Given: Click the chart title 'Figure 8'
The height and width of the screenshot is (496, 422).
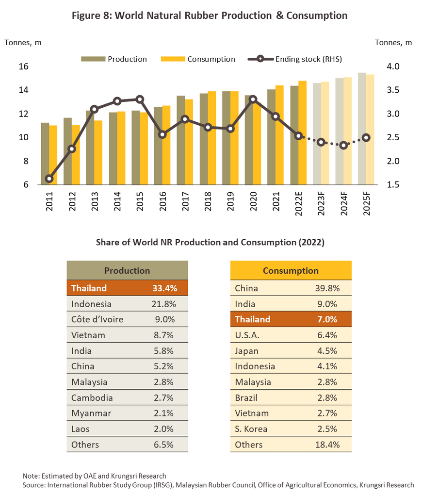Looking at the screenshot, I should pyautogui.click(x=209, y=16).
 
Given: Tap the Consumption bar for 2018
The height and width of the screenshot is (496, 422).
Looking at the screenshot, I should pyautogui.click(x=211, y=138).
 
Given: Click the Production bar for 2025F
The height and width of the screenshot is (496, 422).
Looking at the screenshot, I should pyautogui.click(x=362, y=129).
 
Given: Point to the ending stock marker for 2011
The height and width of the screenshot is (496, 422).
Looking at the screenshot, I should pyautogui.click(x=49, y=179).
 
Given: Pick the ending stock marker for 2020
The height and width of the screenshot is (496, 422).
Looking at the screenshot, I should pyautogui.click(x=253, y=99).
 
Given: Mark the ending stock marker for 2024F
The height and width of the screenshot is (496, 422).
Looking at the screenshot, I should pyautogui.click(x=343, y=145).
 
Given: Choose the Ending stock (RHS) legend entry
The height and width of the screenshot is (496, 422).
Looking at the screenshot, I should pyautogui.click(x=308, y=59).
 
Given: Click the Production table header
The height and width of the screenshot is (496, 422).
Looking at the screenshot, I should pyautogui.click(x=127, y=270).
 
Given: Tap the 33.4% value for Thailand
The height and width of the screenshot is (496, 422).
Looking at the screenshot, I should pyautogui.click(x=164, y=288).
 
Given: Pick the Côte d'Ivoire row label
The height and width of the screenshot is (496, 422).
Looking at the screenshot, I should pyautogui.click(x=97, y=319).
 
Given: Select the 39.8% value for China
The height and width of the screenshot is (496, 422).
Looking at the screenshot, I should pyautogui.click(x=327, y=288).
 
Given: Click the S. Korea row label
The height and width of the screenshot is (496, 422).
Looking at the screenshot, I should pyautogui.click(x=251, y=429).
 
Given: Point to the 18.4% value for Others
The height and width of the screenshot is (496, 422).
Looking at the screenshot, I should pyautogui.click(x=327, y=445).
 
